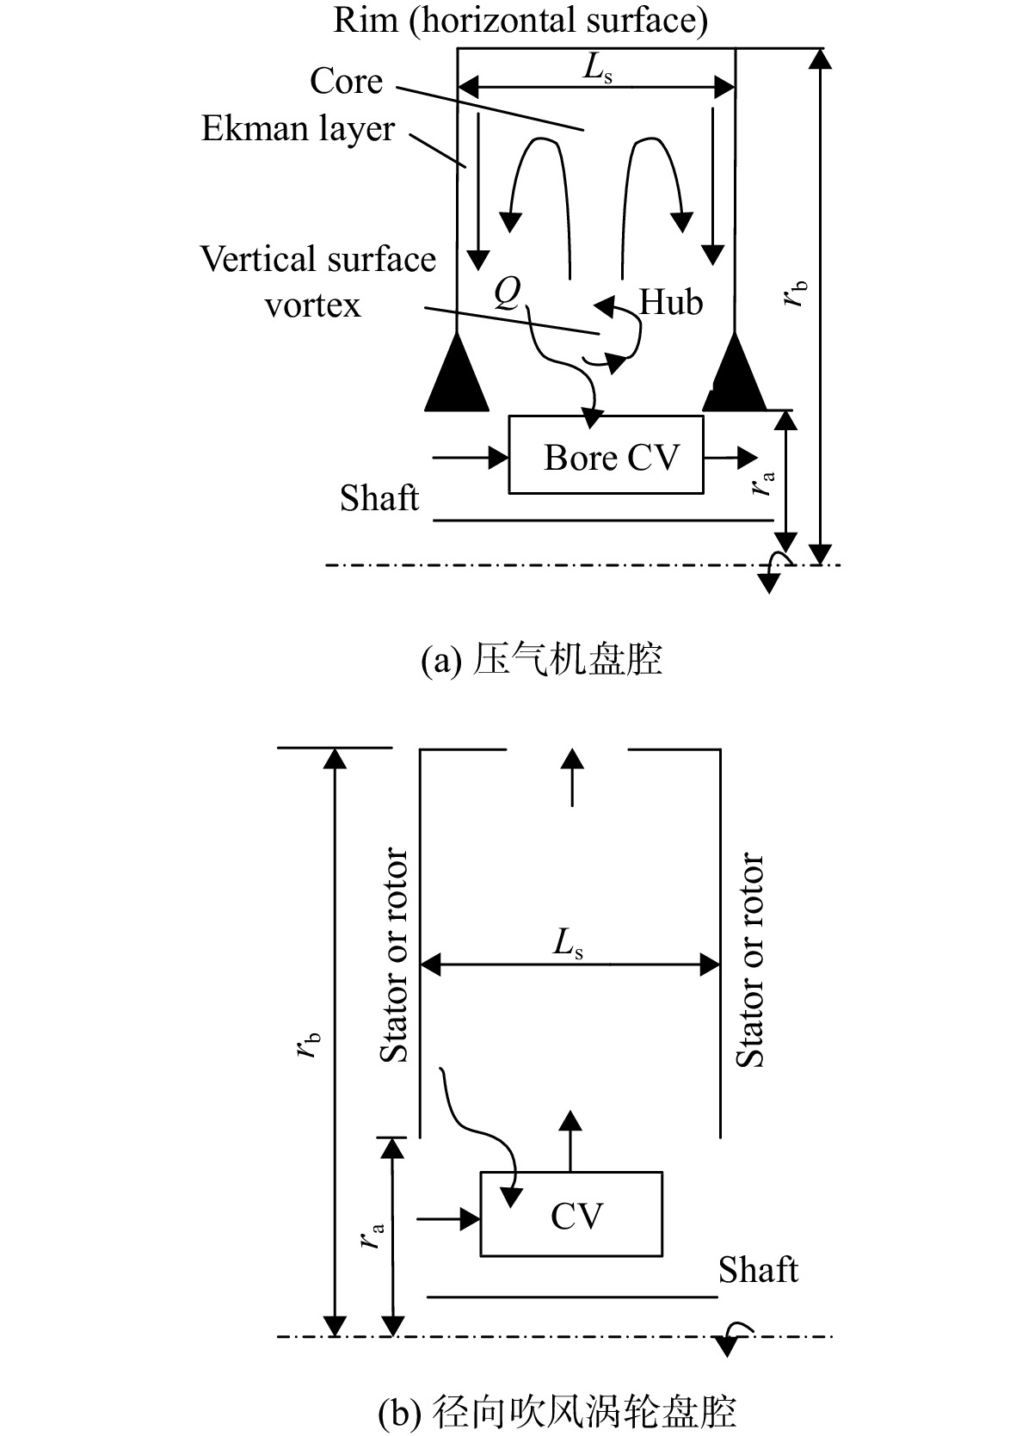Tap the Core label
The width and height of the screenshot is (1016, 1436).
click(x=346, y=82)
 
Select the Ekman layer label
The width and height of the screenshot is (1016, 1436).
click(x=298, y=130)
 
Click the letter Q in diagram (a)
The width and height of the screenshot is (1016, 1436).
click(x=508, y=294)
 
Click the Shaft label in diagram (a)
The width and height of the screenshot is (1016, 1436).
click(x=379, y=498)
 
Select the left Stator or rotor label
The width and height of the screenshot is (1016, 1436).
click(x=393, y=954)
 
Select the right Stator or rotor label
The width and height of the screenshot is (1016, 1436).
click(x=749, y=959)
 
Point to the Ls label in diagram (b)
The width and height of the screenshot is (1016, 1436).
click(x=568, y=944)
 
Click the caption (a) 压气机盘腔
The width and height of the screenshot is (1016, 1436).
click(x=542, y=660)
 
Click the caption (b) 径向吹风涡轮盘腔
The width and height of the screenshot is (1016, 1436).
click(x=557, y=1412)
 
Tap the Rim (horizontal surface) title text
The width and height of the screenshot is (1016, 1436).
click(x=520, y=20)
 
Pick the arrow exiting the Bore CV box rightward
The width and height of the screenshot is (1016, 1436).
click(x=730, y=458)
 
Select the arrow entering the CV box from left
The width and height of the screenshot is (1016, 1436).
click(x=449, y=1218)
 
